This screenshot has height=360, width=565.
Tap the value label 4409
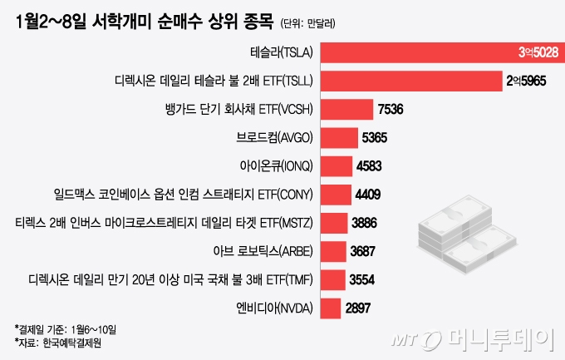coord(367,195)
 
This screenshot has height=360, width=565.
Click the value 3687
coord(361,251)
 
